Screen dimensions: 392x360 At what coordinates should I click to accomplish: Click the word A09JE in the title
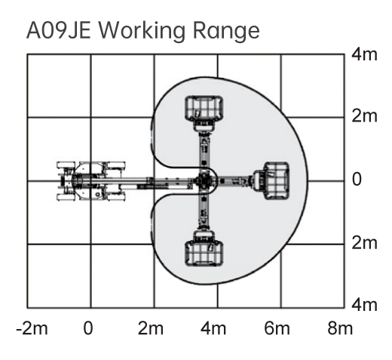click(x=59, y=30)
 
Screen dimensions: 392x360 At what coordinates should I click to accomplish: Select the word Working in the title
click(x=142, y=31)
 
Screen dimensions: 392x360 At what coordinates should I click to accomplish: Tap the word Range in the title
click(x=226, y=32)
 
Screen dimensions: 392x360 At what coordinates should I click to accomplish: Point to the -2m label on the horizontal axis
click(x=32, y=328)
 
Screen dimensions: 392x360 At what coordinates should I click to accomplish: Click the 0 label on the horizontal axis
click(x=88, y=328)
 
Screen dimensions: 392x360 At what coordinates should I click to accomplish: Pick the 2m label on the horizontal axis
click(x=151, y=328)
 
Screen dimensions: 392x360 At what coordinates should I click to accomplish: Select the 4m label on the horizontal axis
click(x=213, y=328)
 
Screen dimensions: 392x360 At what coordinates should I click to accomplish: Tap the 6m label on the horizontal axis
click(x=277, y=328)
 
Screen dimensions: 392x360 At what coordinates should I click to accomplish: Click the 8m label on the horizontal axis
click(x=340, y=328)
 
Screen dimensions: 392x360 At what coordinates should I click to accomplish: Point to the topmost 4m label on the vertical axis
click(x=364, y=54)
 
